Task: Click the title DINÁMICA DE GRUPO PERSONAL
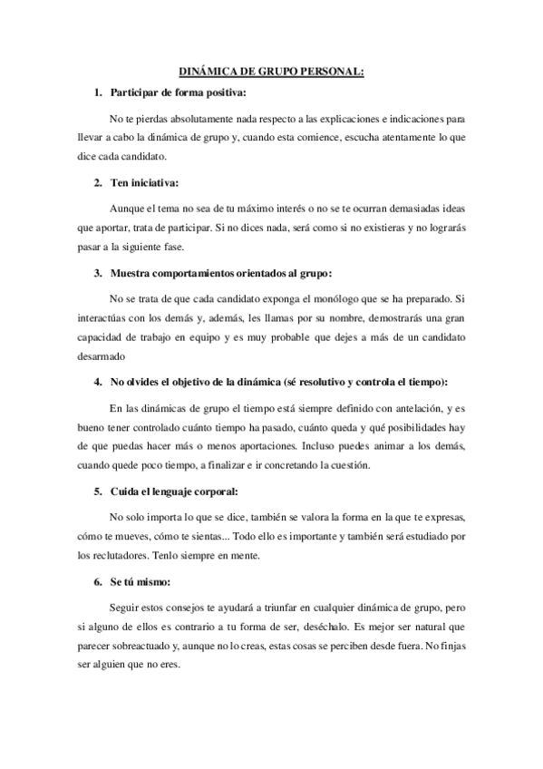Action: tap(271, 73)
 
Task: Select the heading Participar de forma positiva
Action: tap(178, 93)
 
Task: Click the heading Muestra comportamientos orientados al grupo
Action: tap(221, 272)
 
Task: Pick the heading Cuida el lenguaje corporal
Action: tap(173, 492)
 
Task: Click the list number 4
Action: tap(98, 381)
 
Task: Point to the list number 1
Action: tap(98, 93)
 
